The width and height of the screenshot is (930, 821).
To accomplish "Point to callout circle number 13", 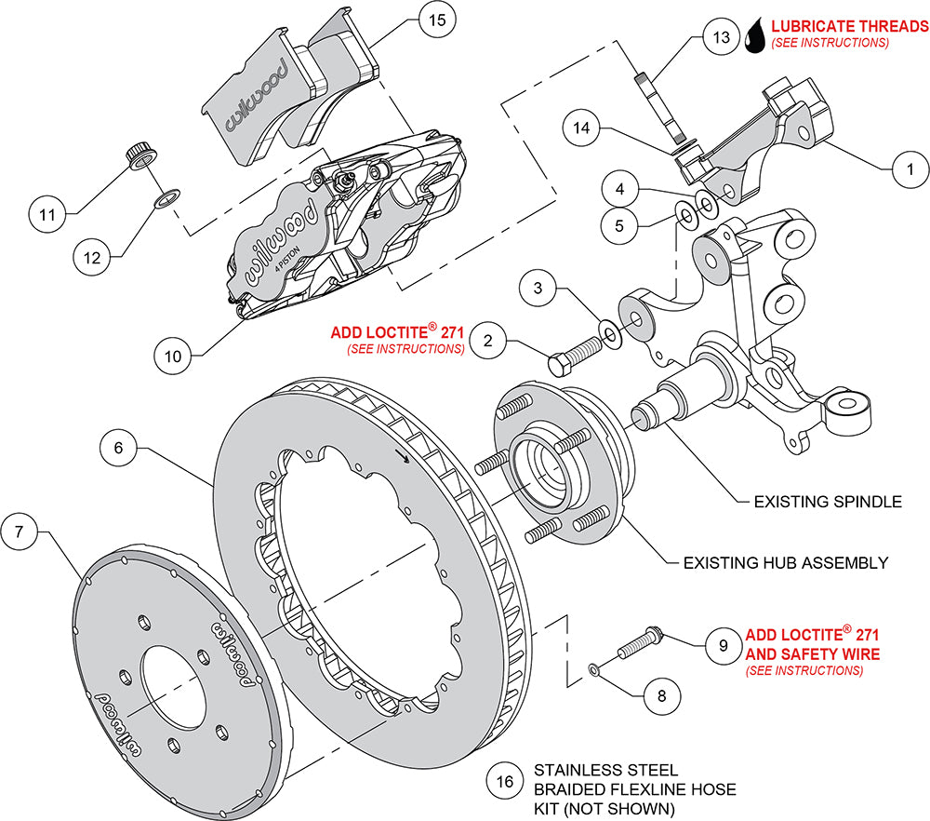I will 716,38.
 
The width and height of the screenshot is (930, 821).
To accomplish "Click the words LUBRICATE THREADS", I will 843,25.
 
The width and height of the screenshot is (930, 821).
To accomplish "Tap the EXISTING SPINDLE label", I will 828,502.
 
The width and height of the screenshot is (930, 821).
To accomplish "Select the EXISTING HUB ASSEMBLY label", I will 785,562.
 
